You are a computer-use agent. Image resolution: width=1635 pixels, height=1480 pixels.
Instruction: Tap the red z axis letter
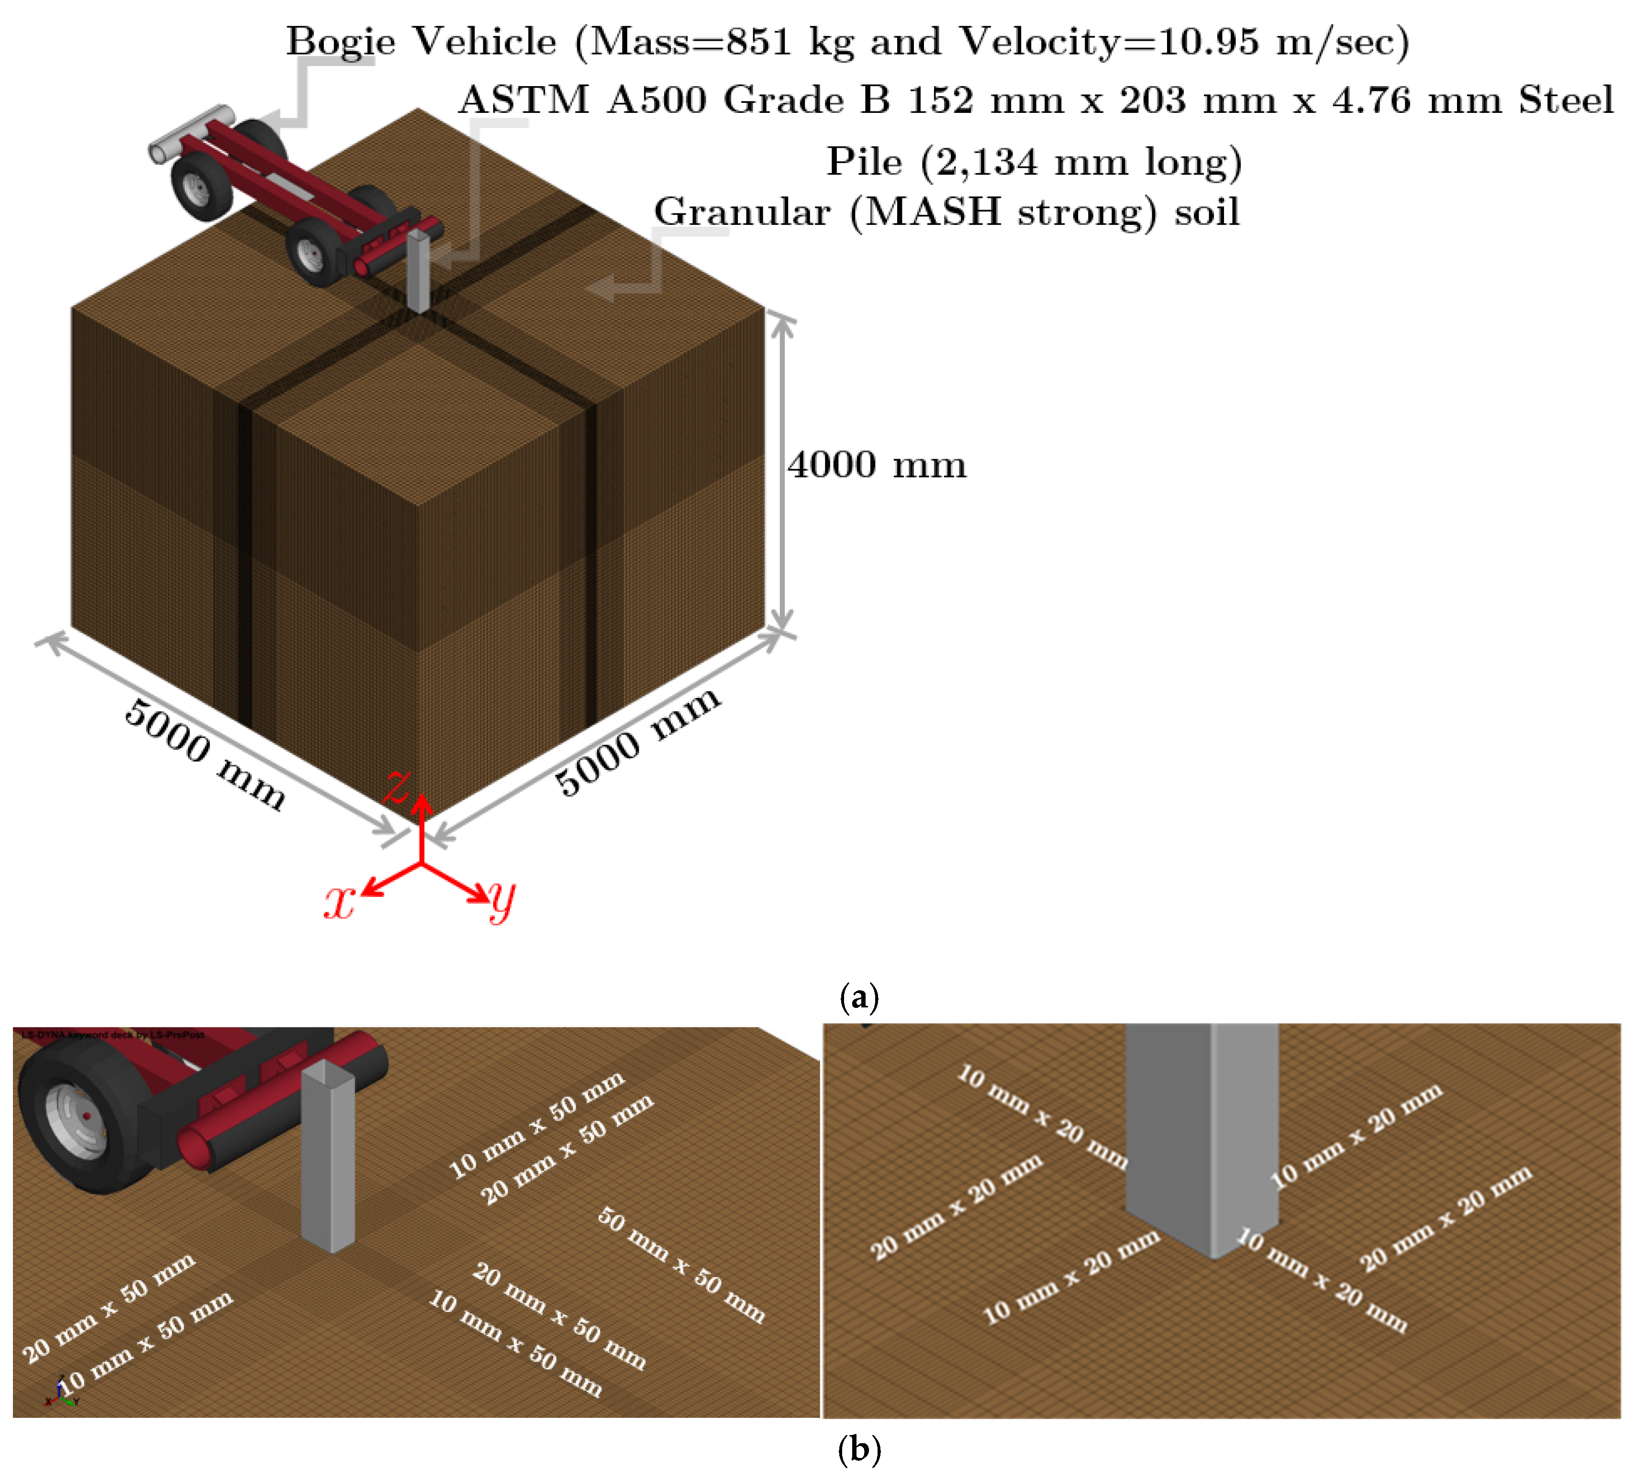click(x=398, y=785)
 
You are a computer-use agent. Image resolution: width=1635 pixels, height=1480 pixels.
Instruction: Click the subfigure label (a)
click(x=859, y=997)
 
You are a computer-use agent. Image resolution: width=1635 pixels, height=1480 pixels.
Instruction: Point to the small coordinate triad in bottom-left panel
click(x=60, y=1392)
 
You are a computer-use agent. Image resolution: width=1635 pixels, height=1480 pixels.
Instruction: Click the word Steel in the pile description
click(x=1565, y=100)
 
